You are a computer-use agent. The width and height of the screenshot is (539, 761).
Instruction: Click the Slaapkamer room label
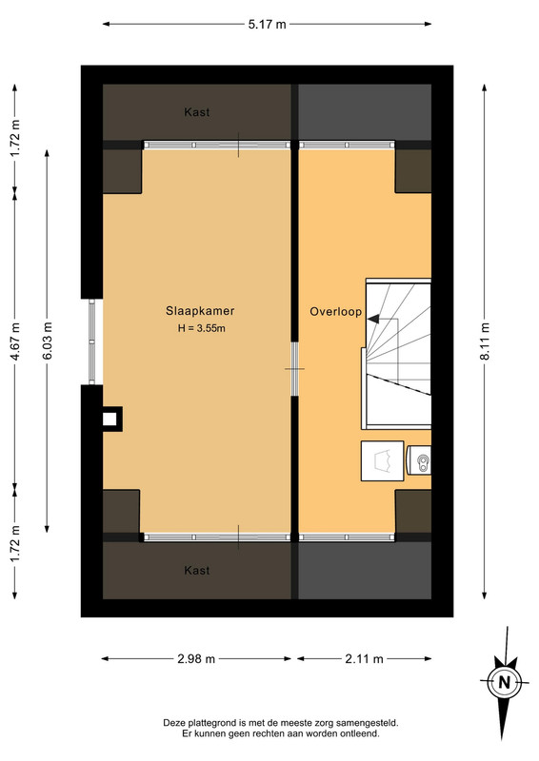point(200,311)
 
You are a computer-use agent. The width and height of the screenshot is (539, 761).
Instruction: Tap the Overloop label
point(336,312)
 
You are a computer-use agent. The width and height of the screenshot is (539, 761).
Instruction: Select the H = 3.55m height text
point(201,328)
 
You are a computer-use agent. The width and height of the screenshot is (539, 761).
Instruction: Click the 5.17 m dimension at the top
point(268,25)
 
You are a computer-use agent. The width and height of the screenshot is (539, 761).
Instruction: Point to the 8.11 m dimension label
point(485,341)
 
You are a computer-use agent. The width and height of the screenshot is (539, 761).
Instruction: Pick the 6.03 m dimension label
point(48,341)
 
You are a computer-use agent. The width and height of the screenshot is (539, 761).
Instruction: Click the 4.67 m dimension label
point(15,341)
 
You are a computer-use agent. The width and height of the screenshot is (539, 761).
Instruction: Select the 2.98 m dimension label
point(196,658)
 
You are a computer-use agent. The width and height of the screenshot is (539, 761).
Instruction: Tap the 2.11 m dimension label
point(364,658)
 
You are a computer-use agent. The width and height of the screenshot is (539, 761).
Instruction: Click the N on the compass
point(505,682)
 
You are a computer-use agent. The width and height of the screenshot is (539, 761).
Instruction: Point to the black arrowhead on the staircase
point(373,319)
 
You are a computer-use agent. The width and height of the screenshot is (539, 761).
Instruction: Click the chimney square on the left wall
point(110,419)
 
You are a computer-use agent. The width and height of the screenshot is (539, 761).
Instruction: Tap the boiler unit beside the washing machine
point(418,460)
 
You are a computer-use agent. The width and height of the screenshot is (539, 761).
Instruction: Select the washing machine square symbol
point(382,461)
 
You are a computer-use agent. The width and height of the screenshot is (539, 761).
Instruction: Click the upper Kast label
point(197,112)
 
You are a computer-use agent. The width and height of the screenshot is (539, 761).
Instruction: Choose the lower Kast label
point(197,570)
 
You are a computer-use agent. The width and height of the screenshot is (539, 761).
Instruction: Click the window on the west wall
point(91,341)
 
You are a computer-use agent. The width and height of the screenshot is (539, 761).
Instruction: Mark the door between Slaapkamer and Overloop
point(294,369)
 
